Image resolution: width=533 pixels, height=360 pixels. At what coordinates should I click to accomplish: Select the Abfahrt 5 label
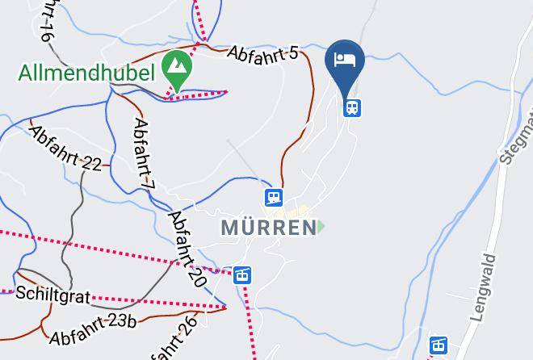262,52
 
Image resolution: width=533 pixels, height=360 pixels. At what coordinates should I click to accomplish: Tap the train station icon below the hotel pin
351,107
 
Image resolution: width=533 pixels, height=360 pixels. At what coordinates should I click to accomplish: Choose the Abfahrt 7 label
144,154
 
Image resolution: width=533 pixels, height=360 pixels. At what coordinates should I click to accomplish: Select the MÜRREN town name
267,228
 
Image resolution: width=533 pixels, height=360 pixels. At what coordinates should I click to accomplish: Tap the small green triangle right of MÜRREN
322,227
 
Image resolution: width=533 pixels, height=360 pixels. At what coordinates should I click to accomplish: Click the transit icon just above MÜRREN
274,197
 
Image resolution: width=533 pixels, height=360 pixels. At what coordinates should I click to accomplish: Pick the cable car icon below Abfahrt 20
242,275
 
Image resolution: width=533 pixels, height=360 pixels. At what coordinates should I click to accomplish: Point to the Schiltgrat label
52,296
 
